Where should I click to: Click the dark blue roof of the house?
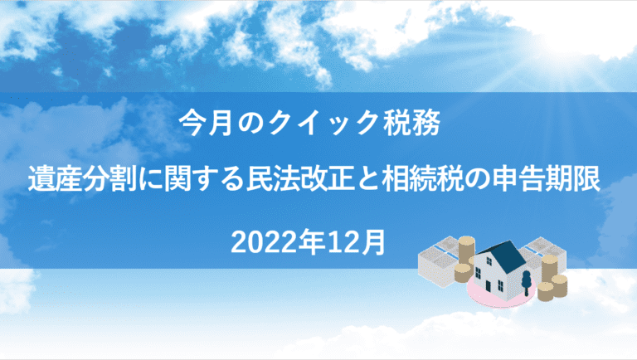coord(507,257)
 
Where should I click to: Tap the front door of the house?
coord(488,285)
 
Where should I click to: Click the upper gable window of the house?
coord(489,260)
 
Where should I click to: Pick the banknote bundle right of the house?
coord(539,253)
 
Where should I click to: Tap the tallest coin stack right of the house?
coord(550,269)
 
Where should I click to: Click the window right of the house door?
coord(500,285)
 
